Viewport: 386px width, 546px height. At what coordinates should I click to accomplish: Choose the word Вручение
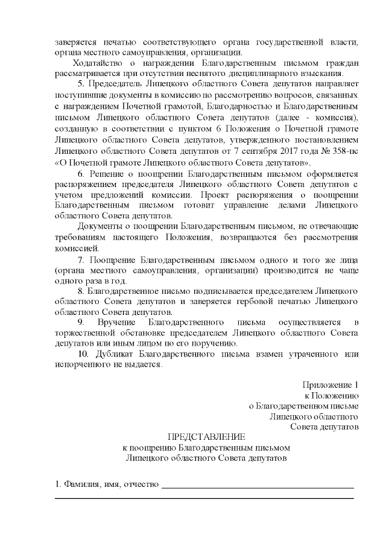point(115,324)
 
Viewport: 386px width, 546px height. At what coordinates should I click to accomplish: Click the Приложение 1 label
point(330,386)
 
